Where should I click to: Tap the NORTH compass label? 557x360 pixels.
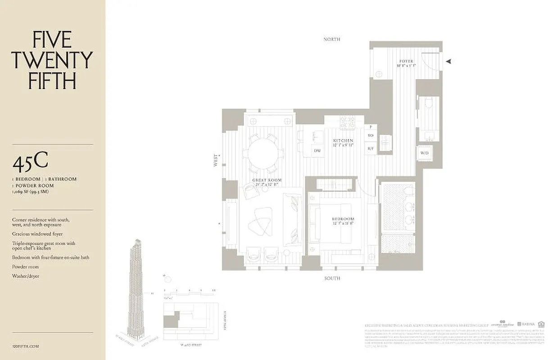tap(332, 40)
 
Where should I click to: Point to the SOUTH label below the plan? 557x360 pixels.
tap(332, 279)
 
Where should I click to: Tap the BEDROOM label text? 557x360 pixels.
tap(344, 220)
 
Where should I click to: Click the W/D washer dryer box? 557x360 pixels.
tap(425, 153)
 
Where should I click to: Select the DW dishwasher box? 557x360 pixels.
tap(317, 151)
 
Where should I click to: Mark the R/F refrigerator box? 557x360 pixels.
tap(371, 148)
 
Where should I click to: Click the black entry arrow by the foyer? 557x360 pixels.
tap(448, 62)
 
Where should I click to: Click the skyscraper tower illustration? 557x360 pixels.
tap(136, 288)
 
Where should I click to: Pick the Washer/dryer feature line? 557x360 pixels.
tap(26, 276)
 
